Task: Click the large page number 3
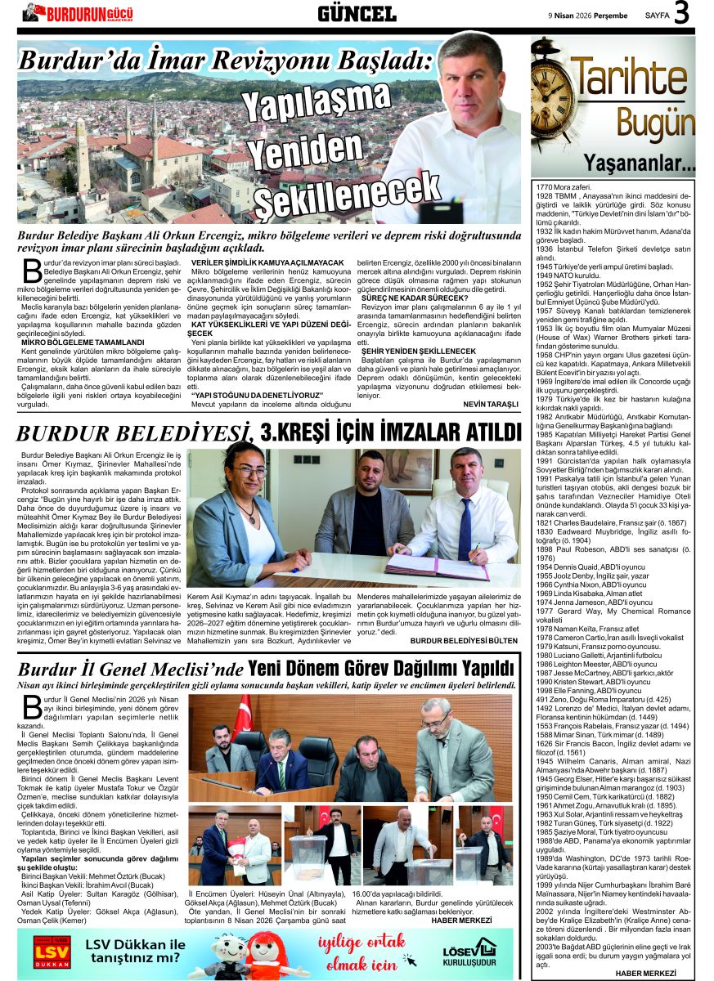[x=680, y=16]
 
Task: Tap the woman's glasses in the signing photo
[x=245, y=472]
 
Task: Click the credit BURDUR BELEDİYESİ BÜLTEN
[x=464, y=641]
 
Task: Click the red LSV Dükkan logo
[x=52, y=953]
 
